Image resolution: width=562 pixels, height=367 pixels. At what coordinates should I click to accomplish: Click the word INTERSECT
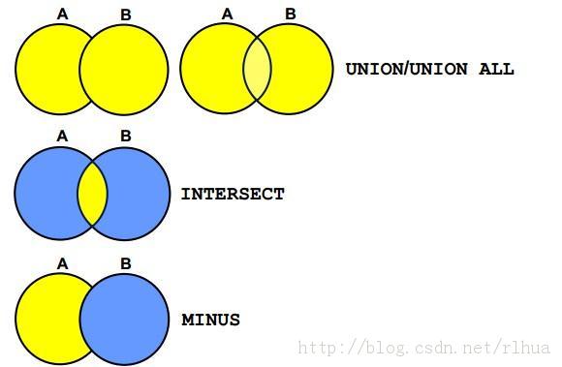click(x=233, y=194)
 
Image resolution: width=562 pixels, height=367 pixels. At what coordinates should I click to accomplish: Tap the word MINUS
click(x=211, y=320)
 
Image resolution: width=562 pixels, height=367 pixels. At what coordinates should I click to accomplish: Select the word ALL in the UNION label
click(x=496, y=69)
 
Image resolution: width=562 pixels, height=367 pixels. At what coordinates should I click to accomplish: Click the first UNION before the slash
click(x=375, y=69)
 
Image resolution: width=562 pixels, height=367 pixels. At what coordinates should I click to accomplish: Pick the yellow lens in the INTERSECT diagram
click(x=92, y=194)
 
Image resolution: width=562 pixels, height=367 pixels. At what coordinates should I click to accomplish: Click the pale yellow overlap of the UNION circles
click(x=258, y=68)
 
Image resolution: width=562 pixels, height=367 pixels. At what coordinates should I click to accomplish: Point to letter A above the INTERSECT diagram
click(x=62, y=137)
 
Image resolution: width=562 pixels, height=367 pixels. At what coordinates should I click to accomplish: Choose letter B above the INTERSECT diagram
click(x=125, y=137)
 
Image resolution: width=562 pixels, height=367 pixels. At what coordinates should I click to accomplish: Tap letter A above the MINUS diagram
click(x=62, y=264)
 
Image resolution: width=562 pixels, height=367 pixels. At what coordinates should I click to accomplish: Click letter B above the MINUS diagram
click(x=125, y=264)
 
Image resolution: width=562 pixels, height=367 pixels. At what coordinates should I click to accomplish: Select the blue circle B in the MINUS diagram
click(x=124, y=320)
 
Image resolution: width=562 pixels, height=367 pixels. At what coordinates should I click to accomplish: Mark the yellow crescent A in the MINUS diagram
click(x=47, y=320)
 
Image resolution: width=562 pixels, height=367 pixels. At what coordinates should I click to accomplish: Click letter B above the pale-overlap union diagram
click(x=291, y=14)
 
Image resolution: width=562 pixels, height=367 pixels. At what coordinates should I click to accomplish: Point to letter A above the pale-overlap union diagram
click(x=228, y=14)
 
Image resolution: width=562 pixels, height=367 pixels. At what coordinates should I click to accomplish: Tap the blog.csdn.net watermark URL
click(x=423, y=348)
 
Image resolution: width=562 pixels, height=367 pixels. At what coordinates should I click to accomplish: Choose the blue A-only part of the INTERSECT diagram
click(x=47, y=194)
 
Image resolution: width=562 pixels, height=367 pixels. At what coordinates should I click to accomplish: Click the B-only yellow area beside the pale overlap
click(x=303, y=69)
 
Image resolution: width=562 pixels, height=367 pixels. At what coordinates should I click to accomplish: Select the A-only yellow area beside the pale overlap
click(x=211, y=69)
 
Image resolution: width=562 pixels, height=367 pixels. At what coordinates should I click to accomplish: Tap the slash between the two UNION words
click(x=407, y=69)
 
